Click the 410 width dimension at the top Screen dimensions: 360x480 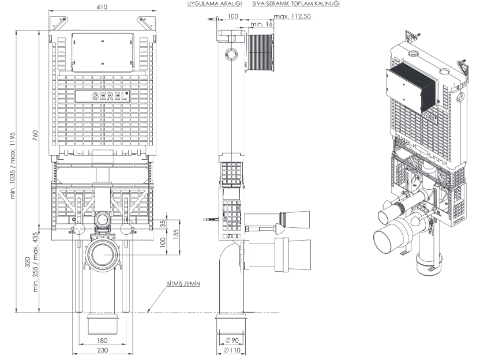click(101, 7)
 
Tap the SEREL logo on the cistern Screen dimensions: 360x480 click(108, 96)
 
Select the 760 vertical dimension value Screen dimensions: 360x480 click(36, 136)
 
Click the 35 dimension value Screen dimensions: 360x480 click(163, 223)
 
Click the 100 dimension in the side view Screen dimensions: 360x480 click(232, 17)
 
